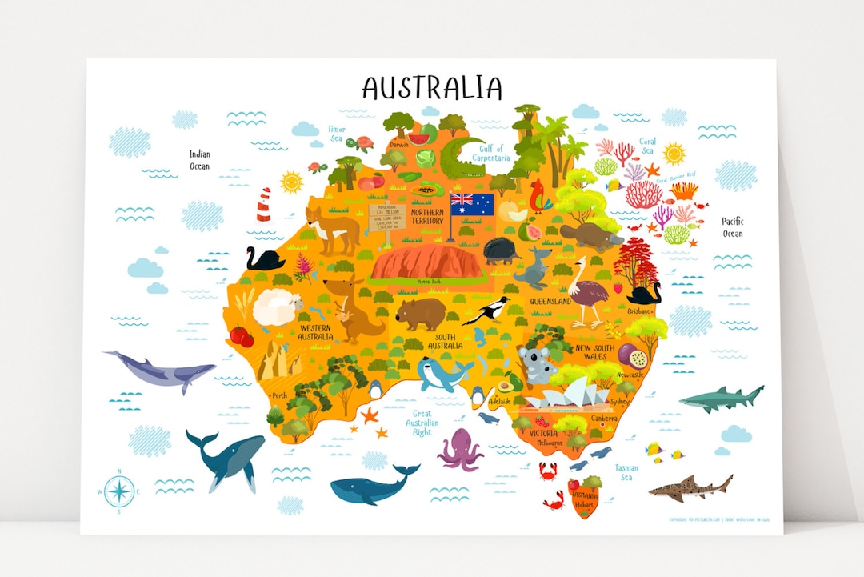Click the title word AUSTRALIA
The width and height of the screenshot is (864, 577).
[432, 87]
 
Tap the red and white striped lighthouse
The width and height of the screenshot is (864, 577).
[263, 205]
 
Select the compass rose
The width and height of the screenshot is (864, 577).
[118, 489]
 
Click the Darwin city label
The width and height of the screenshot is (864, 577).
[398, 145]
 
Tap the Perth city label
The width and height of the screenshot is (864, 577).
[279, 396]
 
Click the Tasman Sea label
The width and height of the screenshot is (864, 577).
[625, 472]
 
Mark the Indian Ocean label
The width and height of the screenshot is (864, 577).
[199, 160]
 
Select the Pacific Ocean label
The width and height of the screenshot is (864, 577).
[732, 227]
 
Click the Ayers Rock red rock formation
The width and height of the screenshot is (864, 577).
[427, 262]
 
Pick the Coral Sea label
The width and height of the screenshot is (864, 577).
[647, 146]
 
